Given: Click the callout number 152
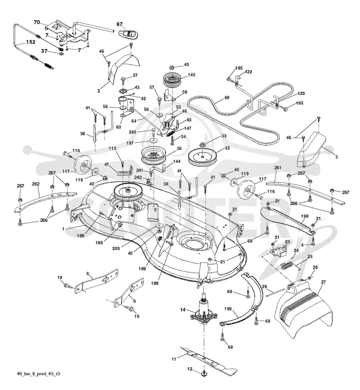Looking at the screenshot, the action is pyautogui.click(x=31, y=42).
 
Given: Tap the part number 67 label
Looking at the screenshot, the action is pyautogui.click(x=120, y=24).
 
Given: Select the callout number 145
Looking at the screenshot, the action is pyautogui.click(x=192, y=75).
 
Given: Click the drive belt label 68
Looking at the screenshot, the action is pyautogui.click(x=227, y=98).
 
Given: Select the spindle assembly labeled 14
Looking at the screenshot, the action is pyautogui.click(x=203, y=312).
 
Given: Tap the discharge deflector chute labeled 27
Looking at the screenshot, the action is pyautogui.click(x=303, y=309).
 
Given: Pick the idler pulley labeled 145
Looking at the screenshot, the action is pyautogui.click(x=172, y=79).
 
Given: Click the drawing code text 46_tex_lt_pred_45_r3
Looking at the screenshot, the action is pyautogui.click(x=38, y=374).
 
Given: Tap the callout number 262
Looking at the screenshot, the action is pyautogui.click(x=36, y=184).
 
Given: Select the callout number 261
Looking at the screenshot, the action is pyautogui.click(x=278, y=168).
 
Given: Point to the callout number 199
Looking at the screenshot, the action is pyautogui.click(x=228, y=309).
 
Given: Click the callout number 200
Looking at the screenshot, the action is pyautogui.click(x=116, y=248).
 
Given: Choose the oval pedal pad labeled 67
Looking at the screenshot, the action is pyautogui.click(x=129, y=34).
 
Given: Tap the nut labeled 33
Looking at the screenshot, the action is pyautogui.click(x=202, y=144).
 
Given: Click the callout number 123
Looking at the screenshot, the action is pyautogui.click(x=301, y=94).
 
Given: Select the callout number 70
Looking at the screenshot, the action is pyautogui.click(x=37, y=22).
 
